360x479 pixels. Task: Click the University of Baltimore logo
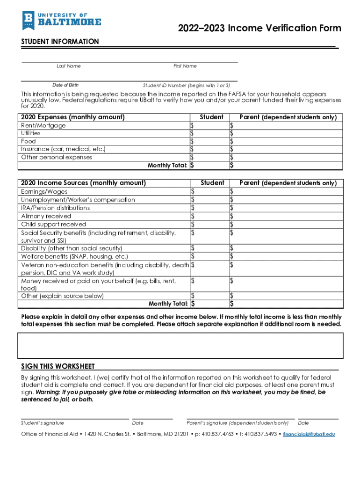61,20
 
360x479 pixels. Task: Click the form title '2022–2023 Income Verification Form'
259,29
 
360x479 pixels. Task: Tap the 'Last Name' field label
69,66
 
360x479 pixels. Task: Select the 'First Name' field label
185,66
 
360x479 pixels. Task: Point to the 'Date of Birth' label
65,85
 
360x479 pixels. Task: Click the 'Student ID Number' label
187,86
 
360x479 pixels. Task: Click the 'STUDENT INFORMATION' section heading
60,42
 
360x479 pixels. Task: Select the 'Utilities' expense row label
31,133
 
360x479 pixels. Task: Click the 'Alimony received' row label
46,216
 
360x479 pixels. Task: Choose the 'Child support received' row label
54,225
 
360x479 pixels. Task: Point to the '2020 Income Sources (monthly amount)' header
84,183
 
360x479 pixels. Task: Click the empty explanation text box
180,345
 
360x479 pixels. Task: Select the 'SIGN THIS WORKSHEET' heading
58,366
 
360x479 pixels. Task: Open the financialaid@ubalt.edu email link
310,434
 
